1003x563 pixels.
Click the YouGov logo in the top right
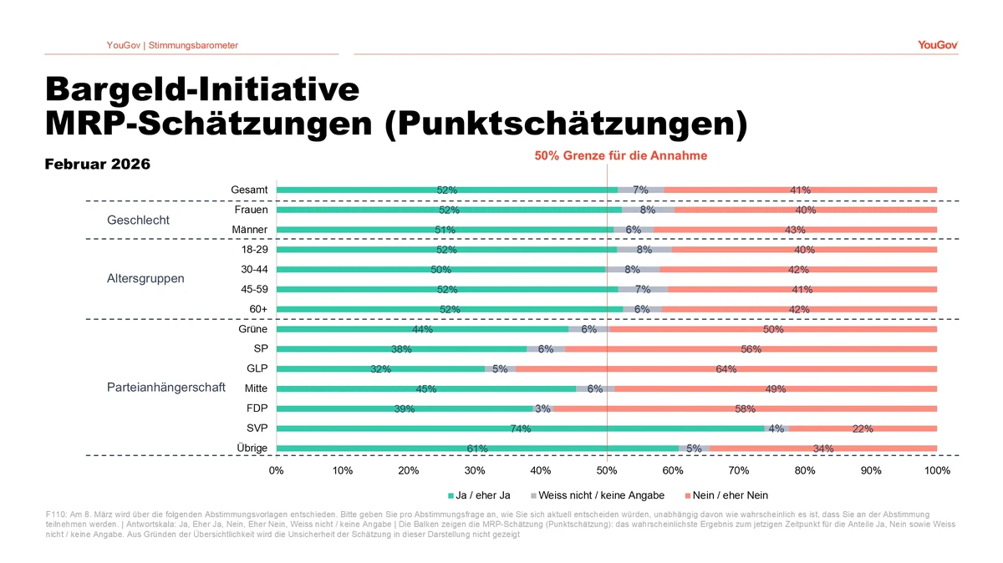click(x=937, y=44)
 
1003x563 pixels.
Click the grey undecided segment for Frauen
click(x=648, y=210)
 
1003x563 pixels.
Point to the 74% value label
click(x=520, y=429)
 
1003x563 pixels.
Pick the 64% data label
click(x=726, y=369)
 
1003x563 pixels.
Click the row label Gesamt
click(x=249, y=190)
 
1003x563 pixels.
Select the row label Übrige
click(x=252, y=449)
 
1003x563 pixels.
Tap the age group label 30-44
click(x=253, y=269)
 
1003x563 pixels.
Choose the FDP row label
click(x=256, y=408)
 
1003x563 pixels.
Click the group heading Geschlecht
click(x=138, y=221)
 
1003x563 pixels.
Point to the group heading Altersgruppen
click(x=145, y=278)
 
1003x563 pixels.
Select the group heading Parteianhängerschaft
click(x=165, y=388)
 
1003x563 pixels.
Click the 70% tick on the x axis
click(x=739, y=470)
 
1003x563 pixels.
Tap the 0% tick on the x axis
click(x=277, y=470)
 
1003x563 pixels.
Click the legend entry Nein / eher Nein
click(x=730, y=495)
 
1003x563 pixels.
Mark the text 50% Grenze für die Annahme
click(x=620, y=155)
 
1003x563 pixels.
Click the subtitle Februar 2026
click(x=97, y=165)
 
